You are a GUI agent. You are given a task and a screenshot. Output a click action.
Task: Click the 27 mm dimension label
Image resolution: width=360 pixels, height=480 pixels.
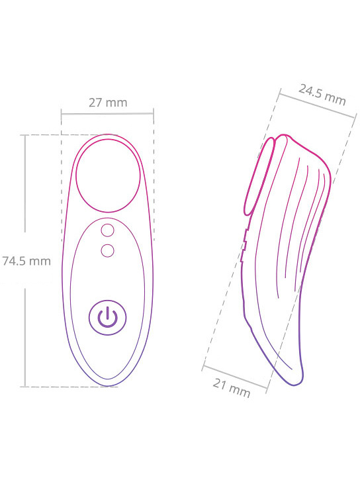(108, 103)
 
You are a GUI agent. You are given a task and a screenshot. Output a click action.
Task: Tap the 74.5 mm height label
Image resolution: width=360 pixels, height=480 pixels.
(26, 261)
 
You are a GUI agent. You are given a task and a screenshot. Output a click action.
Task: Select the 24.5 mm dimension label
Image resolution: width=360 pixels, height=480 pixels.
(322, 95)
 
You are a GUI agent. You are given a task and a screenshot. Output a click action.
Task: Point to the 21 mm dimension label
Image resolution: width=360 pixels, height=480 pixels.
(232, 388)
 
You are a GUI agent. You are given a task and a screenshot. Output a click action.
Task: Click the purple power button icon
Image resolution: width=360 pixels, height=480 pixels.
(107, 317)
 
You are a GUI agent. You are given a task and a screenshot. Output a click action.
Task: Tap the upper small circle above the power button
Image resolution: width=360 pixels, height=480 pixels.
(107, 230)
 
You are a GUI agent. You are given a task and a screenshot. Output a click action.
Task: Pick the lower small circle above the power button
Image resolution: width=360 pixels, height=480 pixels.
(107, 250)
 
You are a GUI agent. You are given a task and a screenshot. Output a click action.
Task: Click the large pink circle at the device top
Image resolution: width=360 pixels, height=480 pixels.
(108, 175)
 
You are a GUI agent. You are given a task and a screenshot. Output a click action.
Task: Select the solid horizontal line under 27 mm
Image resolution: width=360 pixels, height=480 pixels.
(107, 114)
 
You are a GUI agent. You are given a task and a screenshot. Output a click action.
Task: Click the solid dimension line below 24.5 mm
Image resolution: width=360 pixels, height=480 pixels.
(318, 105)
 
